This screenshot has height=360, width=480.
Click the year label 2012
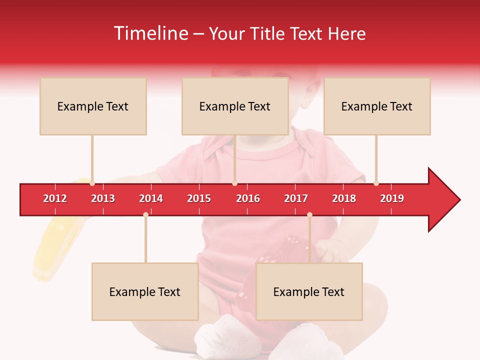pyautogui.click(x=55, y=198)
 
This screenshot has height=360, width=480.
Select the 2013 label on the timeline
pyautogui.click(x=103, y=198)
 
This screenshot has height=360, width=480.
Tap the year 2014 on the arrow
pyautogui.click(x=151, y=198)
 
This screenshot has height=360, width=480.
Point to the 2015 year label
pyautogui.click(x=199, y=198)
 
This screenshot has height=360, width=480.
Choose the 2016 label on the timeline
pyautogui.click(x=248, y=198)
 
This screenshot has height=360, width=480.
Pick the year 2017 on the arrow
pyautogui.click(x=296, y=198)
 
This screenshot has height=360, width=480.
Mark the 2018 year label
pyautogui.click(x=344, y=198)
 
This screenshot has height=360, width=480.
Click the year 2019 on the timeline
pyautogui.click(x=392, y=198)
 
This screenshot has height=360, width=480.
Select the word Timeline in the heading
pyautogui.click(x=150, y=33)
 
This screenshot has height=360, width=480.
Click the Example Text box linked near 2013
pyautogui.click(x=93, y=106)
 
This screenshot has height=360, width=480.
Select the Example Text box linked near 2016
pyautogui.click(x=235, y=106)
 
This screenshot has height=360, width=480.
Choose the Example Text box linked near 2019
pyautogui.click(x=377, y=106)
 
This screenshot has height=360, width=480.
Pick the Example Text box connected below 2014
pyautogui.click(x=145, y=292)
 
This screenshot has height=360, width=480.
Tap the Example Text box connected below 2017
pyautogui.click(x=309, y=292)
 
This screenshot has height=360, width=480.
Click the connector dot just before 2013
pyautogui.click(x=92, y=183)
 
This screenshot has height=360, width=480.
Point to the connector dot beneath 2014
pyautogui.click(x=145, y=215)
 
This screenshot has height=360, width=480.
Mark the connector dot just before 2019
pyautogui.click(x=376, y=183)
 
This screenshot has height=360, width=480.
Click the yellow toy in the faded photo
pyautogui.click(x=50, y=250)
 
